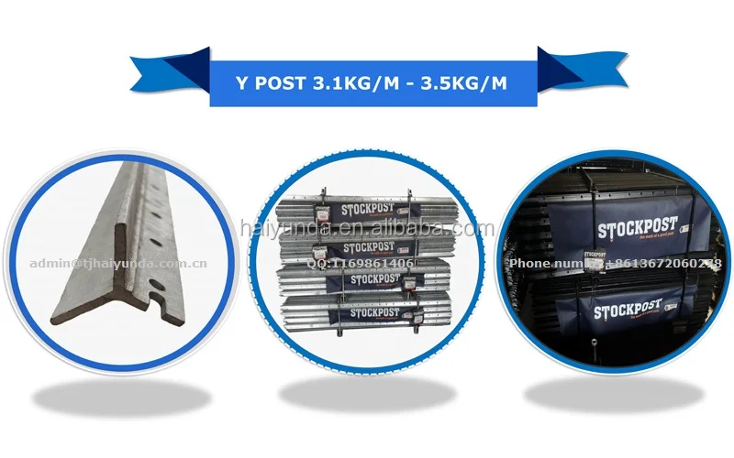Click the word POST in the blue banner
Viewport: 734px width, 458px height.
[x=273, y=84]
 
